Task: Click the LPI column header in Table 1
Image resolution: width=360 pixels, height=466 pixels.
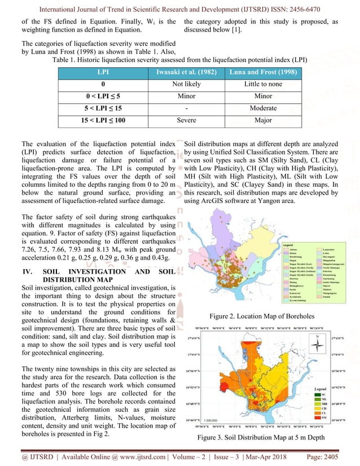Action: (106, 73)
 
